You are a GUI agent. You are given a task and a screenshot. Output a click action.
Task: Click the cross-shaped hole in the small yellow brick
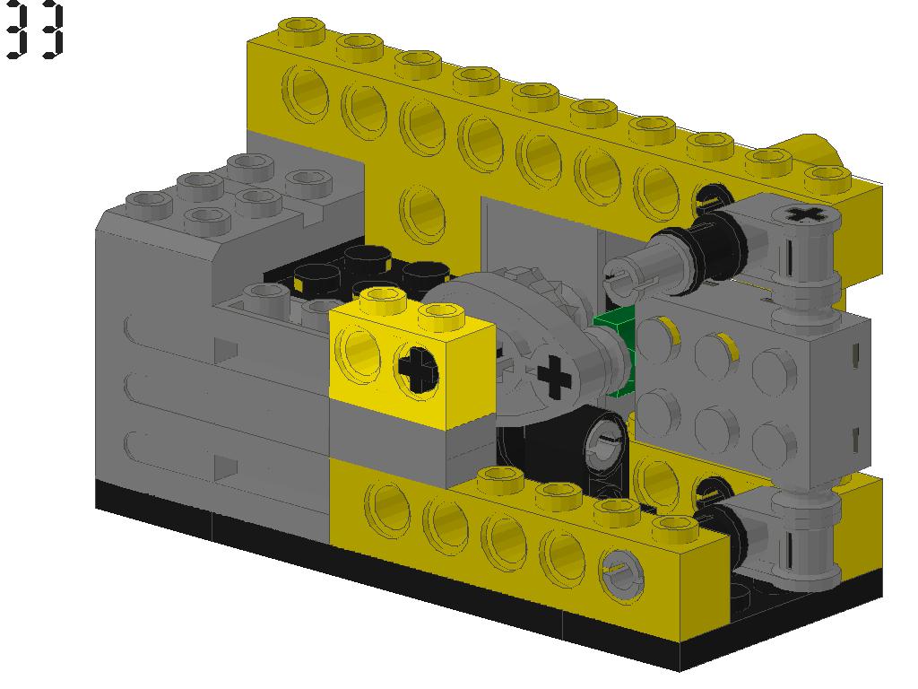click(x=416, y=369)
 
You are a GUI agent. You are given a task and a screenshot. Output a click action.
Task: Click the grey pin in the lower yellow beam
click(x=618, y=571)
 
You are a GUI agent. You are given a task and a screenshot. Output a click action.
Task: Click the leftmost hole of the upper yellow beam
click(x=305, y=91)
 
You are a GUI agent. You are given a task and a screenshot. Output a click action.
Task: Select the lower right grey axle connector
click(x=789, y=538)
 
